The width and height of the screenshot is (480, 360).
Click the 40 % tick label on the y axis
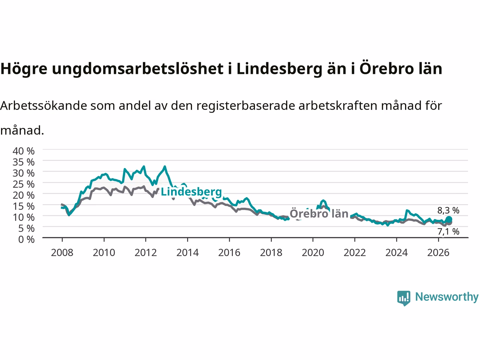pyautogui.click(x=24, y=151)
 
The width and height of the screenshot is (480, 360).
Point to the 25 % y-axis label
pyautogui.click(x=24, y=184)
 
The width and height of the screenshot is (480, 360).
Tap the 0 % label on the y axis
pyautogui.click(x=27, y=240)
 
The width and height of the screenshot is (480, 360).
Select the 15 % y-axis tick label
pyautogui.click(x=24, y=206)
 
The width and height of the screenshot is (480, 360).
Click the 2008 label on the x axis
pyautogui.click(x=62, y=253)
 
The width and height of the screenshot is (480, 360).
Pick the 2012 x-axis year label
pyautogui.click(x=145, y=253)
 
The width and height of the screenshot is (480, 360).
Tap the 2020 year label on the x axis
pyautogui.click(x=313, y=253)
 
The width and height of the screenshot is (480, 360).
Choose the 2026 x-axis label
pyautogui.click(x=438, y=253)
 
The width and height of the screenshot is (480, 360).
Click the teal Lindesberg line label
pyautogui.click(x=191, y=192)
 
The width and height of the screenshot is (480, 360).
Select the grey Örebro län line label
pyautogui.click(x=319, y=213)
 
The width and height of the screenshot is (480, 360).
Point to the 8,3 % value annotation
pyautogui.click(x=448, y=210)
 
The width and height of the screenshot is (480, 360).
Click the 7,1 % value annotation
pyautogui.click(x=448, y=232)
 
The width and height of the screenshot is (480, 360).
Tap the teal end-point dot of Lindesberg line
pyautogui.click(x=449, y=219)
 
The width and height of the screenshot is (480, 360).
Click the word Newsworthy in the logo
pyautogui.click(x=447, y=297)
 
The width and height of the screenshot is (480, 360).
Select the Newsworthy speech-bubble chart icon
pyautogui.click(x=403, y=298)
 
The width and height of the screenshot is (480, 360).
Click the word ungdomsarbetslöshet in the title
pyautogui.click(x=138, y=69)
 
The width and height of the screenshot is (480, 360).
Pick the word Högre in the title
pyautogui.click(x=24, y=69)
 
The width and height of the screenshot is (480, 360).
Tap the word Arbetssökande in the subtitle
pyautogui.click(x=44, y=106)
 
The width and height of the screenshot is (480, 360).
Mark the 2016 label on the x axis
pyautogui.click(x=229, y=253)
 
